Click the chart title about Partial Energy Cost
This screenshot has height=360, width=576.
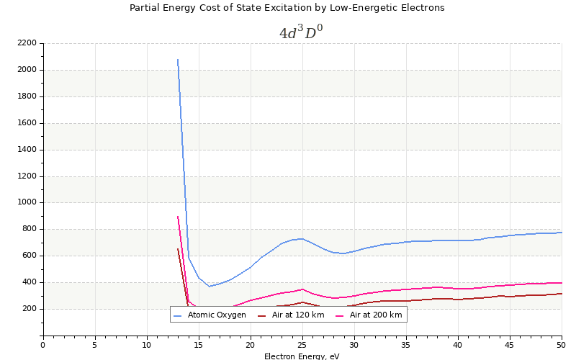click(x=287, y=8)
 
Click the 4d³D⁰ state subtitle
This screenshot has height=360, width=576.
click(x=301, y=32)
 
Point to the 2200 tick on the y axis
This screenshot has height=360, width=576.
click(x=27, y=43)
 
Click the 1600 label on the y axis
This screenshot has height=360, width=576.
click(x=27, y=123)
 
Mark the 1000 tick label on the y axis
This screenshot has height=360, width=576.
click(x=27, y=202)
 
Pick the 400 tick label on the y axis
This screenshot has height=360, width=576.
click(x=29, y=282)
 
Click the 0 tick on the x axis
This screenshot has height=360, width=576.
click(x=42, y=345)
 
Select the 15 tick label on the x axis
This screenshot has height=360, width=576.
click(x=198, y=345)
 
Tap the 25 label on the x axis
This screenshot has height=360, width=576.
click(x=302, y=345)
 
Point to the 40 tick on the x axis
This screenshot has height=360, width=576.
click(x=458, y=345)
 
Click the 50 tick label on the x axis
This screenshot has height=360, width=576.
click(x=562, y=345)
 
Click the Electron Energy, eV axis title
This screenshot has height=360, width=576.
click(x=302, y=356)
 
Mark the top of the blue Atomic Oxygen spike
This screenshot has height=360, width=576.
click(x=178, y=60)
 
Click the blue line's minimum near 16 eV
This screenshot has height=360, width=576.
click(x=209, y=287)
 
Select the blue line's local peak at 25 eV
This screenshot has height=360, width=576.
click(x=302, y=238)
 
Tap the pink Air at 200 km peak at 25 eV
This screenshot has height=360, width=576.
click(x=302, y=289)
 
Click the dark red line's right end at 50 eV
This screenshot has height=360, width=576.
click(x=562, y=293)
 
